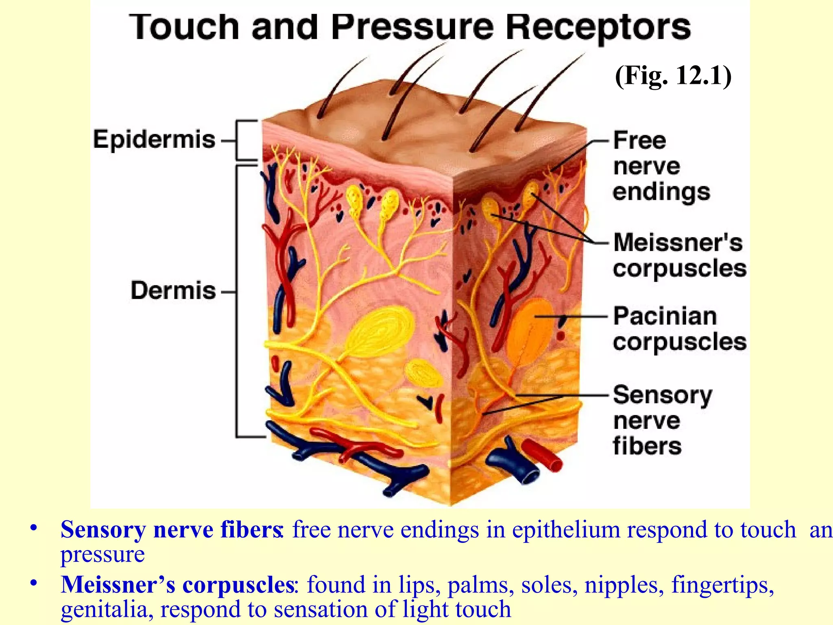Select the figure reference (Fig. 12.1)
tap(673, 76)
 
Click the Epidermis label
tap(154, 140)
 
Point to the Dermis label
tap(173, 291)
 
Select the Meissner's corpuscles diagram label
tap(679, 255)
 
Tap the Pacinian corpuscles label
tap(679, 329)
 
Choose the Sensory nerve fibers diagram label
tap(662, 420)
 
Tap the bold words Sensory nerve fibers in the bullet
tap(171, 530)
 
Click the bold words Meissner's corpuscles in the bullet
tap(177, 585)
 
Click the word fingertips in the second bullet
tap(722, 585)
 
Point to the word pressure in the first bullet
tap(102, 554)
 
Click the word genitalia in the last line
tap(107, 609)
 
